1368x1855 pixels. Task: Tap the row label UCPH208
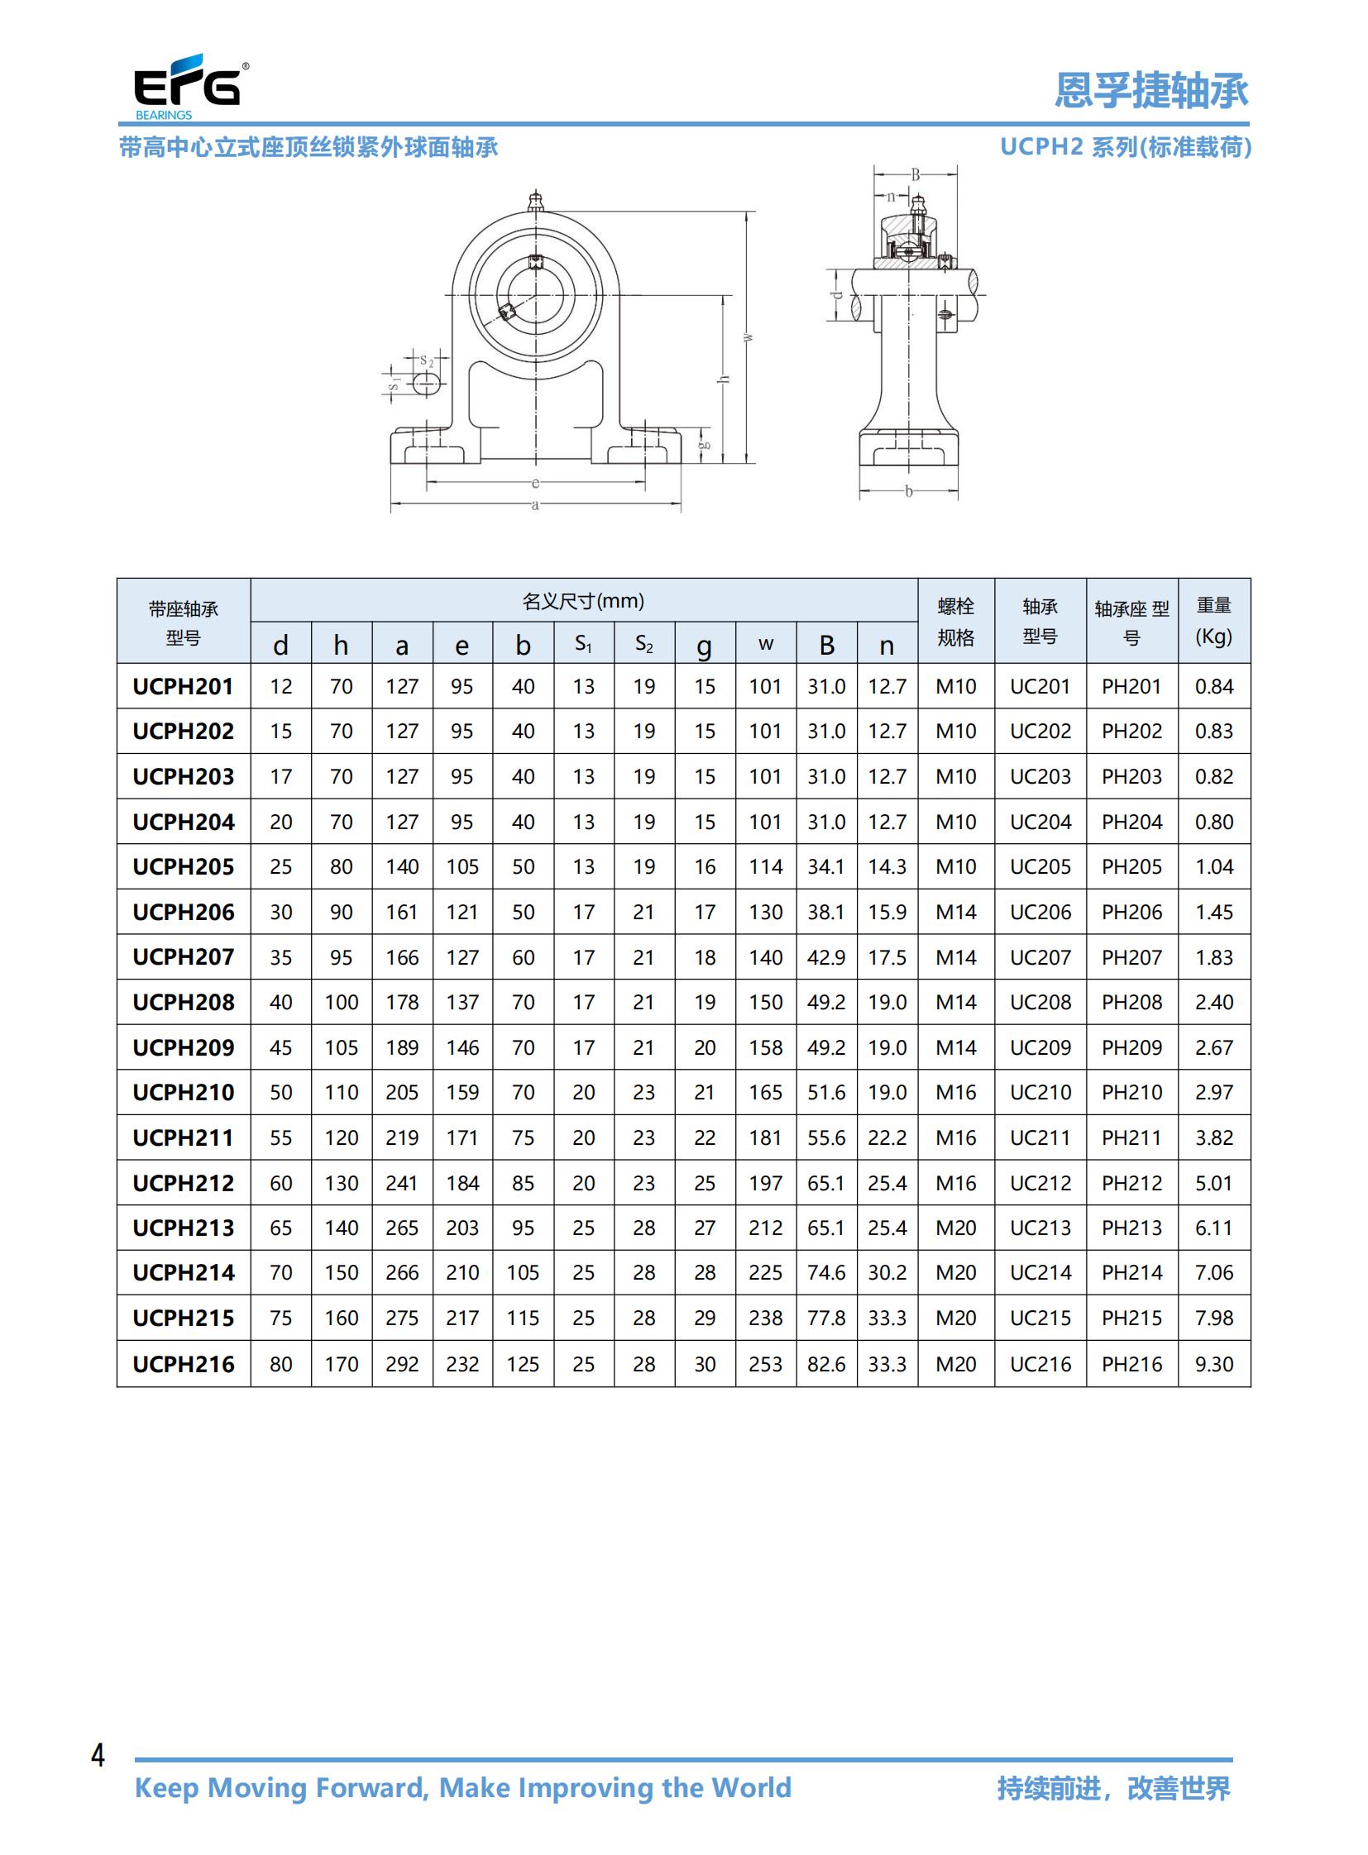(183, 1002)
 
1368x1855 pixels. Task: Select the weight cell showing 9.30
(1213, 1363)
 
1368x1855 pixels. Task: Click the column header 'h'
(340, 645)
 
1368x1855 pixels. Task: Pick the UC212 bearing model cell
(1040, 1183)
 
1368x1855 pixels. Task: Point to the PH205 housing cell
(1131, 866)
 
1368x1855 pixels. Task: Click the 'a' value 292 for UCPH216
(402, 1363)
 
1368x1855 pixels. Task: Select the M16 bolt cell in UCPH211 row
(955, 1137)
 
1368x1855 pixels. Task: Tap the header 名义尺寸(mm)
(583, 601)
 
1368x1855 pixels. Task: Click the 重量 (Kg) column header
(1213, 621)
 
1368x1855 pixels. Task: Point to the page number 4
(98, 1755)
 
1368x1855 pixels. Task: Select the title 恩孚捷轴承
(1151, 90)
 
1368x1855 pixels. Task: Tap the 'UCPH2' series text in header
(1041, 146)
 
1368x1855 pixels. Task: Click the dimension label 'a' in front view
(535, 504)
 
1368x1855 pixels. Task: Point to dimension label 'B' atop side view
(915, 174)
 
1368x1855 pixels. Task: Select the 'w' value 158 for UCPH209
(765, 1047)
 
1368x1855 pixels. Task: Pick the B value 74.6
(825, 1272)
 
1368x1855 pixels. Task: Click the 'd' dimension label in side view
(836, 294)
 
